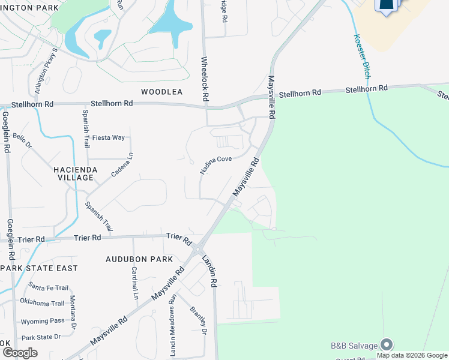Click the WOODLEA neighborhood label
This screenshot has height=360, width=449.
click(161, 92)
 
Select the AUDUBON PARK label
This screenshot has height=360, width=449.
click(139, 259)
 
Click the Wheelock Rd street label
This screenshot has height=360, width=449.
click(205, 79)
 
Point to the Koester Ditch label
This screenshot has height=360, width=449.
click(360, 56)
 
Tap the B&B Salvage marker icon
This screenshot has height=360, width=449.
click(387, 344)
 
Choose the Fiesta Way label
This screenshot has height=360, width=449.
click(109, 137)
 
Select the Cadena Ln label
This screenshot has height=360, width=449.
click(122, 164)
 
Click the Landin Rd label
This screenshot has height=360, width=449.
click(210, 269)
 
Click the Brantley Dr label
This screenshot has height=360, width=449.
click(199, 322)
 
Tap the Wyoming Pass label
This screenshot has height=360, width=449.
click(42, 321)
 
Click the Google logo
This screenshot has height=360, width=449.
click(20, 352)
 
